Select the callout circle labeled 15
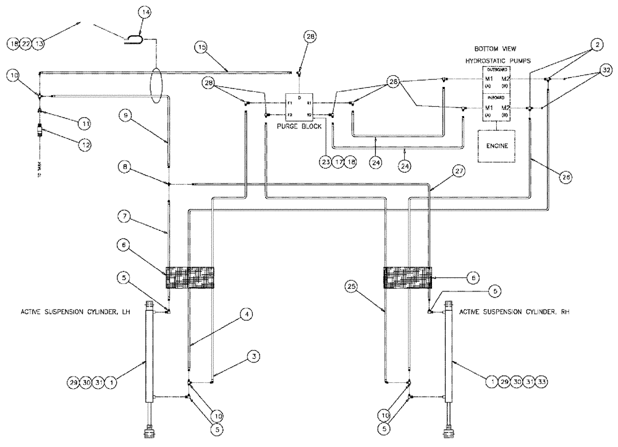coord(201,47)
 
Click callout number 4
coord(246,314)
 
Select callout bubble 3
coord(253,356)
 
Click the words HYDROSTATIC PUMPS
coord(499,61)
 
